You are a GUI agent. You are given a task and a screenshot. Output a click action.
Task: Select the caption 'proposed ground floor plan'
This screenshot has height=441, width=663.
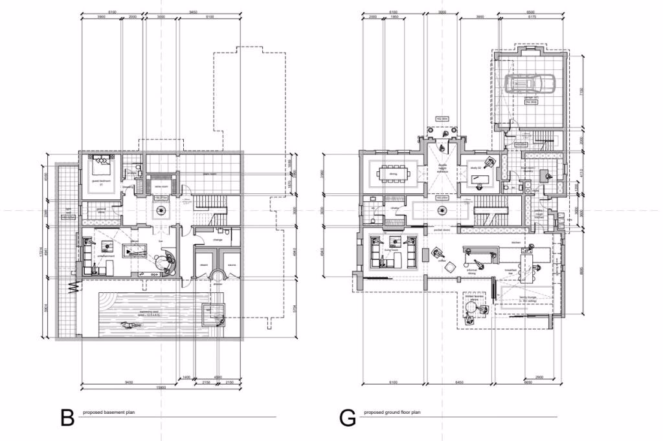392,412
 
